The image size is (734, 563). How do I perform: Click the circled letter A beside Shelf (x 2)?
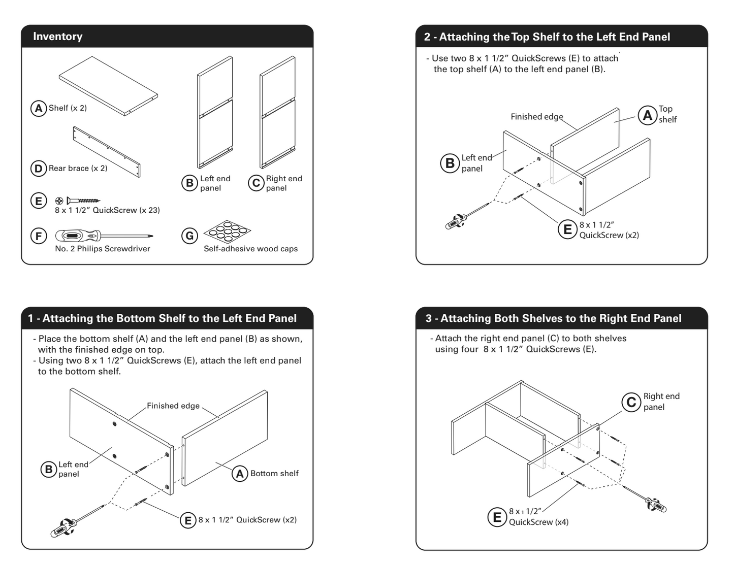(x=39, y=108)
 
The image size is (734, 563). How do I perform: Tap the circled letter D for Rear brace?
(x=39, y=168)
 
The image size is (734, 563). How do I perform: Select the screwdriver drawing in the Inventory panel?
(x=104, y=236)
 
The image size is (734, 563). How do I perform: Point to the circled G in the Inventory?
(x=189, y=236)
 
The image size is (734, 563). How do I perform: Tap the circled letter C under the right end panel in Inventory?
(x=256, y=183)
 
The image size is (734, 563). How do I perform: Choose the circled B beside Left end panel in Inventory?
(x=189, y=183)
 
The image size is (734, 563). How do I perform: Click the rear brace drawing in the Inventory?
(x=107, y=151)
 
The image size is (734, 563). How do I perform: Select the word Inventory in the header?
(x=57, y=37)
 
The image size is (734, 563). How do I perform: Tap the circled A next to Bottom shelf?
(x=240, y=474)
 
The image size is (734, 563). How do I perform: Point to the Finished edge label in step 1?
(x=173, y=406)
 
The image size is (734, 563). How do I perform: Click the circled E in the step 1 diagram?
(x=188, y=520)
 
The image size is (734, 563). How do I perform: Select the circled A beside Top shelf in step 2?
(x=647, y=115)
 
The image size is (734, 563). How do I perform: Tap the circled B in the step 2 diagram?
(x=450, y=163)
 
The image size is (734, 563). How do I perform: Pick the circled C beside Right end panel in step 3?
(x=631, y=402)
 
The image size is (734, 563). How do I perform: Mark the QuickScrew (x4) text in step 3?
(x=538, y=522)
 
